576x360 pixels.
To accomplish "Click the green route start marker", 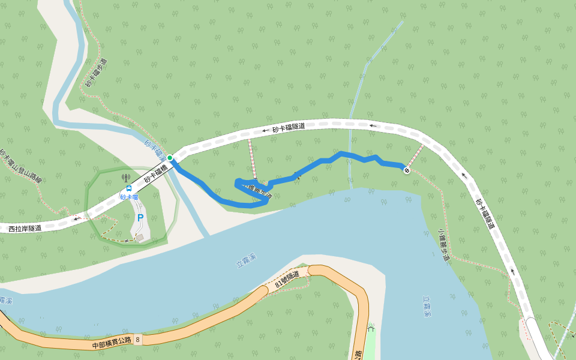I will click(170, 158).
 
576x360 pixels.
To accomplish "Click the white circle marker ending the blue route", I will click(407, 171).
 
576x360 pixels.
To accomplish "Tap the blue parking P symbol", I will click(140, 218).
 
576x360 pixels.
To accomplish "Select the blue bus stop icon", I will click(129, 188).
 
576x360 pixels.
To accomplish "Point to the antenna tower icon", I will click(125, 178).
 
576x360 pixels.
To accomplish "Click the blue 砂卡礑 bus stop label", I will click(129, 197).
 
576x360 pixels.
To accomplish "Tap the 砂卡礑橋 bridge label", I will click(155, 174).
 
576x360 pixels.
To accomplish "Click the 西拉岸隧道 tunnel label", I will click(25, 228).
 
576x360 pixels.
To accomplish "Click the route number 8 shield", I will click(137, 340).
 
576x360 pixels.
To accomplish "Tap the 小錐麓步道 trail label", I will click(444, 245).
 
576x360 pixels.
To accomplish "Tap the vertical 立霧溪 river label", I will click(427, 305).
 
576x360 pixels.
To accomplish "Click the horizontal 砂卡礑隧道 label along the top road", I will click(289, 127).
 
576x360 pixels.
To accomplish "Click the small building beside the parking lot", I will click(140, 238).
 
